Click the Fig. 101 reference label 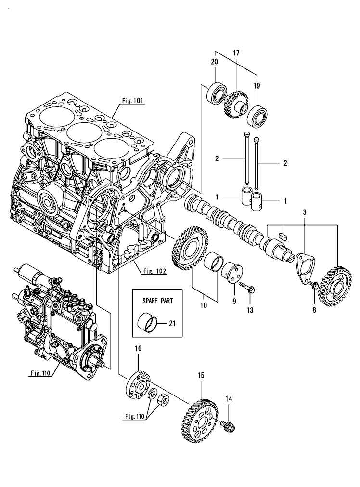tap(133, 101)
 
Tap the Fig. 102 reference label tap(154, 271)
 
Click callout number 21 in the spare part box tap(172, 323)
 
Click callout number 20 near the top tap(215, 62)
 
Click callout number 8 tap(314, 310)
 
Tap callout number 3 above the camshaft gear tap(304, 212)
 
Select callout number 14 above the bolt tap(229, 398)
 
